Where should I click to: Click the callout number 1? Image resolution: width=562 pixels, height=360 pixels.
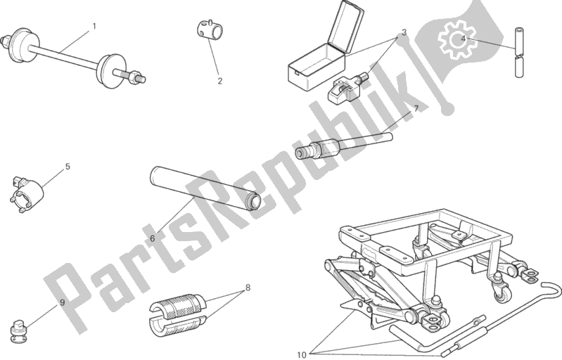[x=94, y=26]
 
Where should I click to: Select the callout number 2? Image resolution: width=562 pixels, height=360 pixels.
[x=219, y=81]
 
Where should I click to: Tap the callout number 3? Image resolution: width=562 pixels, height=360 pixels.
[x=404, y=32]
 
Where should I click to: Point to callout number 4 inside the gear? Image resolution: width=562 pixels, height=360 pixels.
[x=463, y=39]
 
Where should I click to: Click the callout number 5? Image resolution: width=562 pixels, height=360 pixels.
[x=68, y=167]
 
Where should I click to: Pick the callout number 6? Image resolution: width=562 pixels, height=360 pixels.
[x=153, y=238]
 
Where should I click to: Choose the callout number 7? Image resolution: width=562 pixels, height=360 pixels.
[x=416, y=109]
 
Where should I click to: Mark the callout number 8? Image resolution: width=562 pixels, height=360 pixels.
[x=248, y=288]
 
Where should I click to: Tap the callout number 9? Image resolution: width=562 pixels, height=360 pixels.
[x=63, y=302]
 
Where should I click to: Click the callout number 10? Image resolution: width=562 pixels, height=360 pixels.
[x=302, y=354]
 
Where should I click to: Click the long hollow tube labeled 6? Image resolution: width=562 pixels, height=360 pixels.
[x=205, y=188]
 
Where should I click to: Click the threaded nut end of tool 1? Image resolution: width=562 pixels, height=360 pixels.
[x=137, y=77]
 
